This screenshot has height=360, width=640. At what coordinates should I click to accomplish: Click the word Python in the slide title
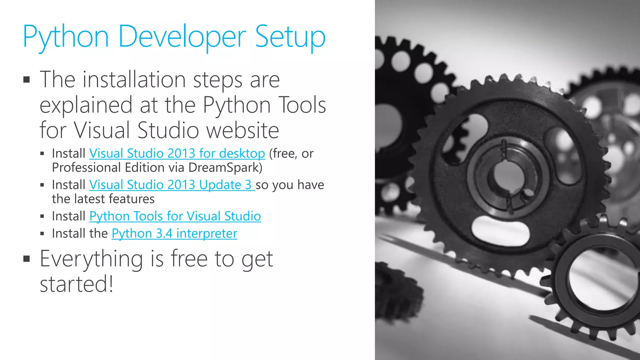[x=66, y=37]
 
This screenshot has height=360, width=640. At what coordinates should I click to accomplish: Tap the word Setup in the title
[x=290, y=37]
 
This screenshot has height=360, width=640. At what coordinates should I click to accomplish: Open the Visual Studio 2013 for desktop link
[x=177, y=153]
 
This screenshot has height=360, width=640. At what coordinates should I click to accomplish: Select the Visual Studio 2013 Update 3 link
[x=172, y=185]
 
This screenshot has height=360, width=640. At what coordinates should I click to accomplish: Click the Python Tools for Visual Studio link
[x=175, y=216]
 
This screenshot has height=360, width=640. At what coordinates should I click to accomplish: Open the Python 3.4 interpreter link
[x=174, y=233]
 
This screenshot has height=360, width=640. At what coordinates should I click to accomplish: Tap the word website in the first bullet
[x=243, y=130]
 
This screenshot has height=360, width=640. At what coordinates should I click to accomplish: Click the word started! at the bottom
[x=77, y=284]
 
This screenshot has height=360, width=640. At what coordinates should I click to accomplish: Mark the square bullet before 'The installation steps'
[x=27, y=80]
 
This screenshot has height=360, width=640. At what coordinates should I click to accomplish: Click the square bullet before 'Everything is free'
[x=27, y=259]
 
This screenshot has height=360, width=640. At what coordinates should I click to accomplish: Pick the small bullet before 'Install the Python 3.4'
[x=42, y=233]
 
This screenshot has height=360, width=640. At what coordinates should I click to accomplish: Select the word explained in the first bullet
[x=86, y=105]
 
